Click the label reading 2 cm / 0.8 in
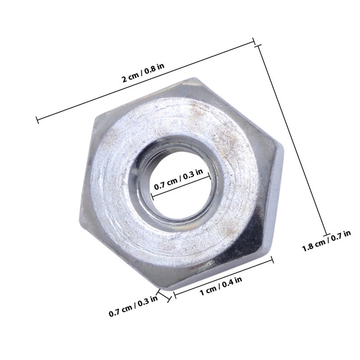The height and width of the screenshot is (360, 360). [x=143, y=72]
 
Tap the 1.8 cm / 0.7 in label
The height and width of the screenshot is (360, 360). [x=326, y=241]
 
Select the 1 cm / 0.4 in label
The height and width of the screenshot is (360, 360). [x=221, y=286]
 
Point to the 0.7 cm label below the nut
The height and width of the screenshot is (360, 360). [x=133, y=306]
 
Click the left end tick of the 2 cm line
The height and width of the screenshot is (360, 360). [x=37, y=120]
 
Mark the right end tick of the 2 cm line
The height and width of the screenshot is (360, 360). [x=254, y=41]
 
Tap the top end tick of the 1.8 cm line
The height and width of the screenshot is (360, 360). [x=258, y=46]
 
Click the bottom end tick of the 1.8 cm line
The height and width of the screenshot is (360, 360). [x=327, y=235]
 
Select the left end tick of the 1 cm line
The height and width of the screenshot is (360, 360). [x=175, y=295]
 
